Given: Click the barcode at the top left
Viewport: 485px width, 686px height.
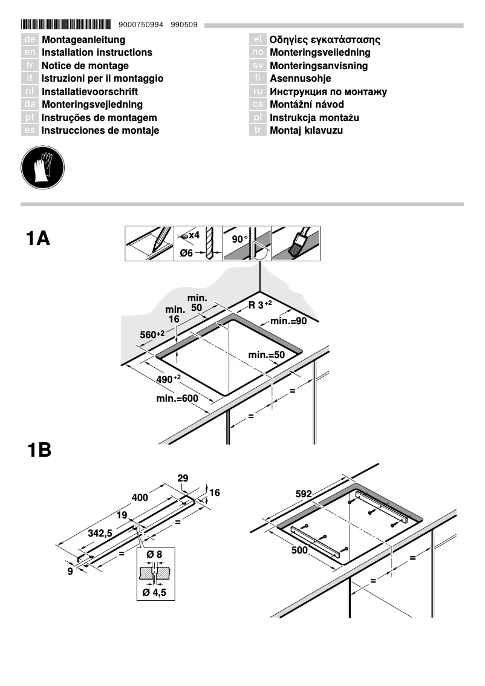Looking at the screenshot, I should [67, 25].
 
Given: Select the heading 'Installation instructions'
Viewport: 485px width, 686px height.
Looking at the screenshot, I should [97, 53].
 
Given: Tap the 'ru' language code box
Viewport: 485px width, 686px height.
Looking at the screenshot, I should [258, 92].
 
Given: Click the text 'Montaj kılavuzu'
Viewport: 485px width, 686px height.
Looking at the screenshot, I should [306, 131].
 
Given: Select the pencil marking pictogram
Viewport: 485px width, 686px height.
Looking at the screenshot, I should [150, 243].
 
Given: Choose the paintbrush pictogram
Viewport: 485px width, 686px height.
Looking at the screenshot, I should [296, 243].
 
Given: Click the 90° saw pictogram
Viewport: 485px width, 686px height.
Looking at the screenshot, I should [247, 243].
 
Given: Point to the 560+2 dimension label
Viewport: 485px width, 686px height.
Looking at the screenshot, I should [152, 334].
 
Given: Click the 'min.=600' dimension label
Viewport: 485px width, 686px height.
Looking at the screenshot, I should [177, 399].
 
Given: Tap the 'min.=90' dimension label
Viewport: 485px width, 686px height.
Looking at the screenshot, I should [288, 321].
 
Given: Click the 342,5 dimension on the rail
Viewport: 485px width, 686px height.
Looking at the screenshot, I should [100, 534].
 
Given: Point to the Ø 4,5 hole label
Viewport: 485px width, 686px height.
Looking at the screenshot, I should [154, 593].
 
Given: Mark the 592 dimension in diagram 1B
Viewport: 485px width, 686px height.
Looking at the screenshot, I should [304, 494].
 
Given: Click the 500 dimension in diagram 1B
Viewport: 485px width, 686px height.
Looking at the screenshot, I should [300, 550].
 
